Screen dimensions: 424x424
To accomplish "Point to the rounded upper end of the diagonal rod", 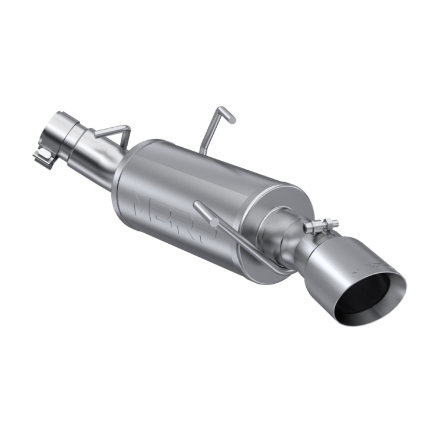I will click(x=197, y=206).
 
